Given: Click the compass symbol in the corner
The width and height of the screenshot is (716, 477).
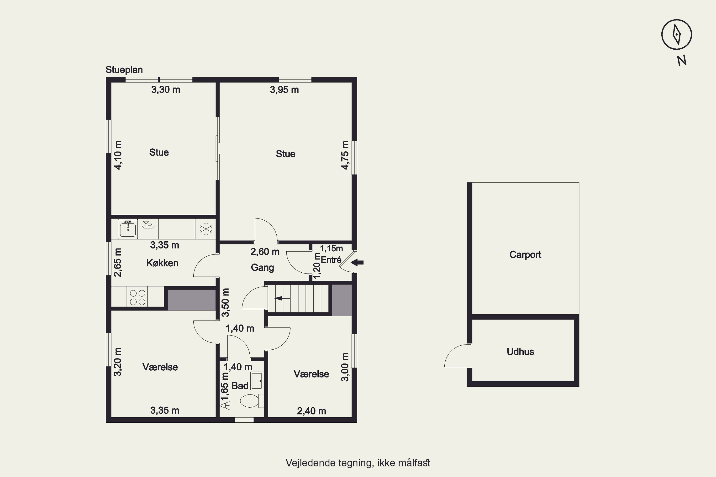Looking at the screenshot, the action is (x=676, y=34).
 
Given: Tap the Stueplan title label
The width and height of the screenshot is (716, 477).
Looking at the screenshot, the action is (x=124, y=70).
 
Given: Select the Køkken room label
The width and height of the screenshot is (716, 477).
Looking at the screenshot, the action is (x=162, y=263).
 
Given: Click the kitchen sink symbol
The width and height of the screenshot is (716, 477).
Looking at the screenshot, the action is (x=128, y=229).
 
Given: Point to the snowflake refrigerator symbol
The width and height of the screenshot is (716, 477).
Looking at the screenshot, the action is (x=206, y=229).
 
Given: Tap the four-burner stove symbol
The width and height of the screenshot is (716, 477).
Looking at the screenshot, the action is (x=137, y=297).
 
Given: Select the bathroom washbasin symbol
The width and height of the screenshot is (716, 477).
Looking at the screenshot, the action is (x=257, y=381).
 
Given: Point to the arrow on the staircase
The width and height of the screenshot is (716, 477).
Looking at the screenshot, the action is (x=282, y=298).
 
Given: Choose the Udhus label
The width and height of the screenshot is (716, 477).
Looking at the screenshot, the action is (x=520, y=351).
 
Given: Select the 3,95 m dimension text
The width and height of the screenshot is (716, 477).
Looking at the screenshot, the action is (x=284, y=90).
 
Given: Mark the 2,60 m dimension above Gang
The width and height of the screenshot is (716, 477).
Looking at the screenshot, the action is (x=265, y=252).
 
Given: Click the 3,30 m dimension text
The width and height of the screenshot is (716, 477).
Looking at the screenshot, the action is (x=166, y=89).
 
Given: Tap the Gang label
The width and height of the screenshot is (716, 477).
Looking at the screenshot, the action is (x=262, y=267).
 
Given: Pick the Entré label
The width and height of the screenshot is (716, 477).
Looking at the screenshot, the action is (x=331, y=259).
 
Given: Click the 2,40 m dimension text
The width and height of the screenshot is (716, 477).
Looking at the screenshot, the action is (x=311, y=411).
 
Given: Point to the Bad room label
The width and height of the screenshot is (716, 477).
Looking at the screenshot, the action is (x=240, y=385).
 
